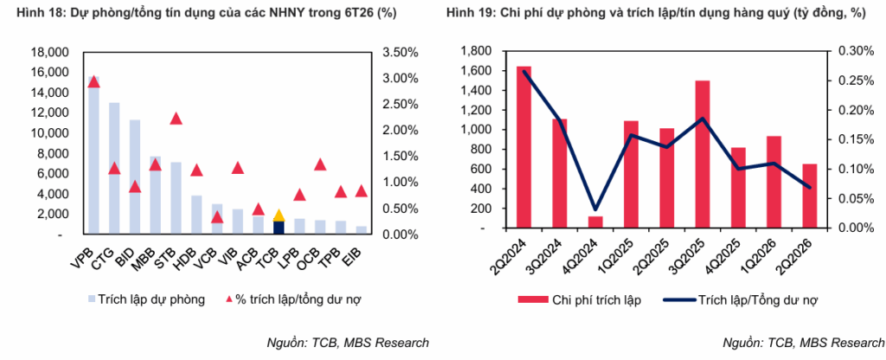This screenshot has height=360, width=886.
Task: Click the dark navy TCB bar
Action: [x=279, y=228]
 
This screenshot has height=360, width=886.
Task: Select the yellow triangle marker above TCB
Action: [x=279, y=215]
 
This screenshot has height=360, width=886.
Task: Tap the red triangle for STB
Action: [x=176, y=118]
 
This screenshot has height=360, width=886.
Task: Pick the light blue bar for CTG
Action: [x=114, y=169]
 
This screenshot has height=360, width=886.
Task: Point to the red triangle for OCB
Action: [x=320, y=164]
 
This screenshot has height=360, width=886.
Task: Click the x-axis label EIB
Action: [x=354, y=254]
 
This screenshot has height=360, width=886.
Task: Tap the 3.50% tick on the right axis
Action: [x=400, y=53]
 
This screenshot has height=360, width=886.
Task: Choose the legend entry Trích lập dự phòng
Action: [x=145, y=299]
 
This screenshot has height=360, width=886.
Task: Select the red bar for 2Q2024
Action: [x=523, y=147]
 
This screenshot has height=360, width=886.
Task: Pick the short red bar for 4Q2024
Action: [x=595, y=222]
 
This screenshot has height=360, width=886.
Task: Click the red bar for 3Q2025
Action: [x=703, y=154]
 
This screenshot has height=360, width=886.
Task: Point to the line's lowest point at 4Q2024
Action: [x=595, y=209]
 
